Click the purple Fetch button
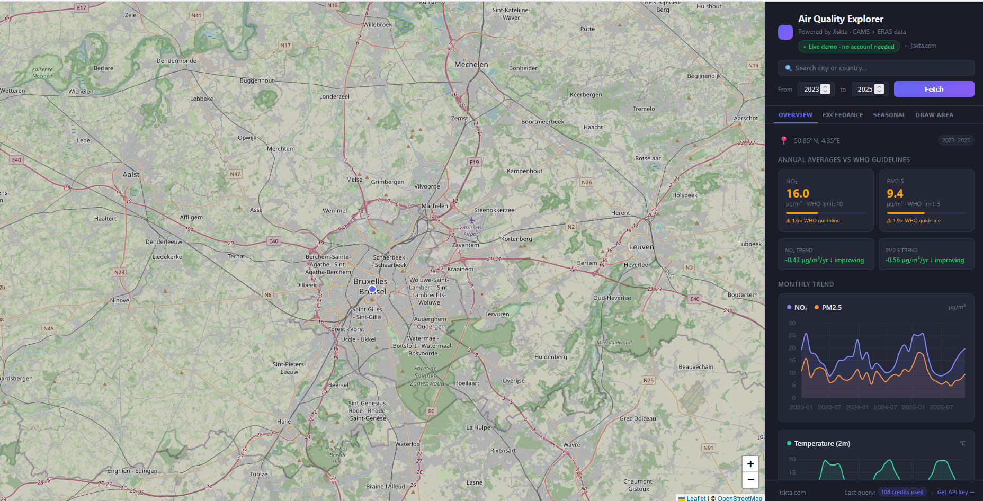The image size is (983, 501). pos(934,89)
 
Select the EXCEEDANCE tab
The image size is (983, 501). pos(842,115)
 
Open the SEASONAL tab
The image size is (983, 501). pos(889,115)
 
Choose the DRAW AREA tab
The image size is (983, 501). pos(934,115)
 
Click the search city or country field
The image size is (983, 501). pos(876,68)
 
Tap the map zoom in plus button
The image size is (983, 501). pos(750,464)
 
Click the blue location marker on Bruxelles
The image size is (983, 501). pos(372,289)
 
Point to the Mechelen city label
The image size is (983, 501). pos(471,65)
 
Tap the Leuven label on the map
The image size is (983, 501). pos(641,247)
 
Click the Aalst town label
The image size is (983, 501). pos(131,174)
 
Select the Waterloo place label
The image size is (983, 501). pos(407,444)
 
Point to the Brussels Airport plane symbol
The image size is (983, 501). pos(471,220)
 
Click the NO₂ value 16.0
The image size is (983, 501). pos(797,193)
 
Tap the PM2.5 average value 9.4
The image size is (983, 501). pos(895,193)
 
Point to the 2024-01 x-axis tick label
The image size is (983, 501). pos(857,407)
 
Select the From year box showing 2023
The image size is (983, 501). pos(811,89)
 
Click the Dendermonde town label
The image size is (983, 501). pos(176,61)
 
